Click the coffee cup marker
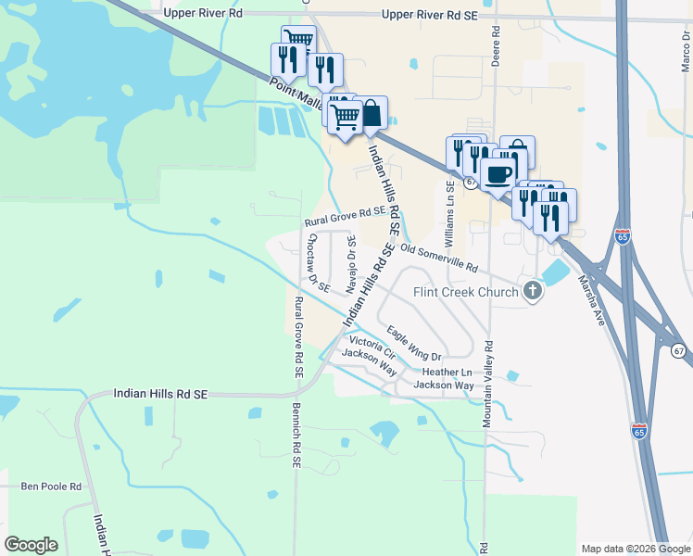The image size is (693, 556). coord(498,173)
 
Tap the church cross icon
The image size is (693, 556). coord(532,292)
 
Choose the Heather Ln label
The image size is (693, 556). coord(441,372)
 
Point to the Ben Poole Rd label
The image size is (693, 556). coord(52,486)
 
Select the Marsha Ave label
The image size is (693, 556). coord(592,301)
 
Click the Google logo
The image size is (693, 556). coord(31,545)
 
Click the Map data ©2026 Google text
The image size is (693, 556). coord(634,548)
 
